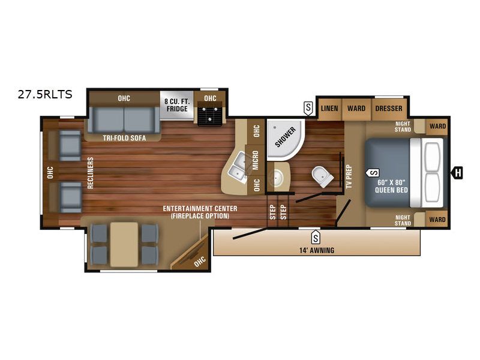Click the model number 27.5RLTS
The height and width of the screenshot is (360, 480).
45,94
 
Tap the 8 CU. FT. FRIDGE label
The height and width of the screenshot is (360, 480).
177,106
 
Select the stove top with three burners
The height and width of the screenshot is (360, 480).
209,114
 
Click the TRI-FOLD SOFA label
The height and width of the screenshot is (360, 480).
124,138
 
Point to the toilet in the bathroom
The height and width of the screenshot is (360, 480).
322,176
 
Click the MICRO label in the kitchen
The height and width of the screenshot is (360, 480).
256,160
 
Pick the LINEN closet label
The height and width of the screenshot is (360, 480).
329,109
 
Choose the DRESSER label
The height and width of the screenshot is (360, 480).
389,109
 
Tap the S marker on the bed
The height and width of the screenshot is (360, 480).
373,173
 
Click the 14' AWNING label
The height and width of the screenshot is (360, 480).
317,250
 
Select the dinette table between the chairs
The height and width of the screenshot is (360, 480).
124,244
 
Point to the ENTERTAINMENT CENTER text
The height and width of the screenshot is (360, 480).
200,208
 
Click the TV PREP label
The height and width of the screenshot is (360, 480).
349,176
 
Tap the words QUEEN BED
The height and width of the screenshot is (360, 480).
392,190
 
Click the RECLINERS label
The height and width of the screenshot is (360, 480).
91,173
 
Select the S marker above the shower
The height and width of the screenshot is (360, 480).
308,108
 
